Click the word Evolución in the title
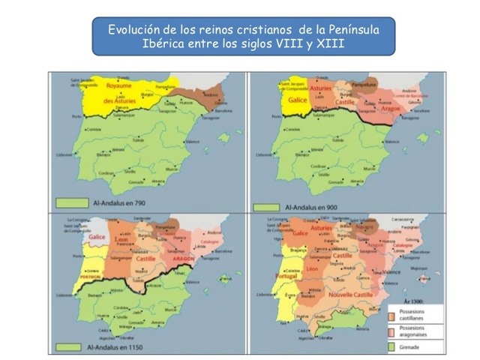133,30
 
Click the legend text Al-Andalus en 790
121,202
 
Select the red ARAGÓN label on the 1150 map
184,257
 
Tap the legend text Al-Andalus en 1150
119,347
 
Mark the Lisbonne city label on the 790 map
65,155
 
